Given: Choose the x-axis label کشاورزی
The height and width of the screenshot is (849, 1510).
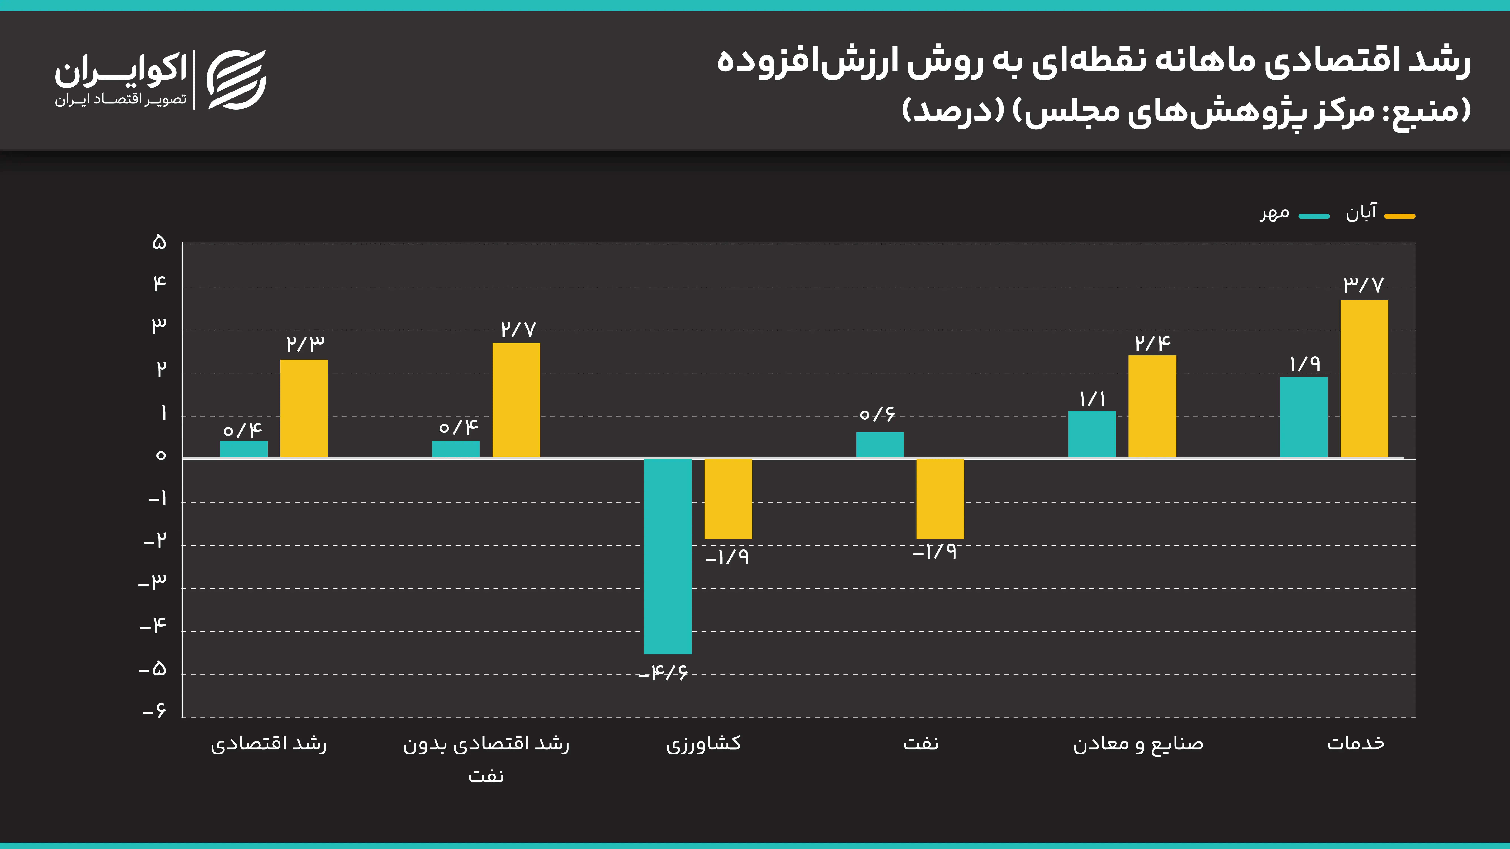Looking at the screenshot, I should coord(703,744).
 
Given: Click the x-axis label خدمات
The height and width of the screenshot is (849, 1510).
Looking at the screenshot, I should coord(1356,744).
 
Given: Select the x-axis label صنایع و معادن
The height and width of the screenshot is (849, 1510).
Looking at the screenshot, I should coord(1138,744).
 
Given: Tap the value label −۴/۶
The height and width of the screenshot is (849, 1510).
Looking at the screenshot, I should coord(663,673).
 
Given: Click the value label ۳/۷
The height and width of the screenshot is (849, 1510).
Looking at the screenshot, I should coord(1364,285).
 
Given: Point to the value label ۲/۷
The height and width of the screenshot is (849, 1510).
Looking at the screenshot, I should coord(518,329).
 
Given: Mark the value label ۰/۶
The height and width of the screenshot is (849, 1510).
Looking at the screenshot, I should coord(877,414).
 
